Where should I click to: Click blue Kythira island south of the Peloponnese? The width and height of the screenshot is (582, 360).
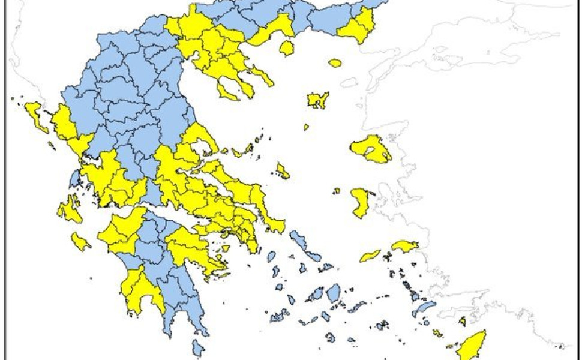pos(198,347)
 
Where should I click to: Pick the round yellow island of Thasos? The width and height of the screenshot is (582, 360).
pos(286,47)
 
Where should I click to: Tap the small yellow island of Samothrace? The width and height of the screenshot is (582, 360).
pos(335,62)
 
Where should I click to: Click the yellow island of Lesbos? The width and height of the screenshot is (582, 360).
pos(370,148)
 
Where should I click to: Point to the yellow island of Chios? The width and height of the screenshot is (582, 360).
pos(361,202)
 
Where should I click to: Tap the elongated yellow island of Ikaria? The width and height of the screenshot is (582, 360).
pos(370,256)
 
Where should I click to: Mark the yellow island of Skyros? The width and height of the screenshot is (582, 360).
pos(283,172)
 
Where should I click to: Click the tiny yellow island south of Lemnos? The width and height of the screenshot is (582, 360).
pos(306,127)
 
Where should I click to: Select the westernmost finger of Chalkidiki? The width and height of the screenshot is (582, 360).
pos(227,92)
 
